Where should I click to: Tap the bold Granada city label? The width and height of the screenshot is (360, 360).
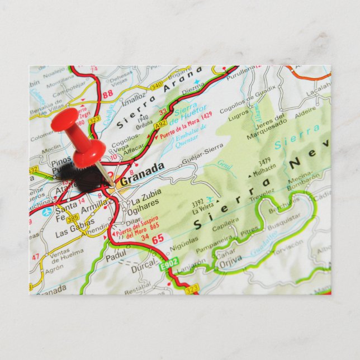(x=142, y=174)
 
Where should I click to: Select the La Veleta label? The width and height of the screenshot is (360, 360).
(x=203, y=207)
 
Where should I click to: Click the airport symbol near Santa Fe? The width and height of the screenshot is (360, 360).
(x=48, y=212)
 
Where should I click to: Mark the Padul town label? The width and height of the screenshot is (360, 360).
(x=115, y=254)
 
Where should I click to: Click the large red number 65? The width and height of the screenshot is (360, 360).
(x=158, y=239)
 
